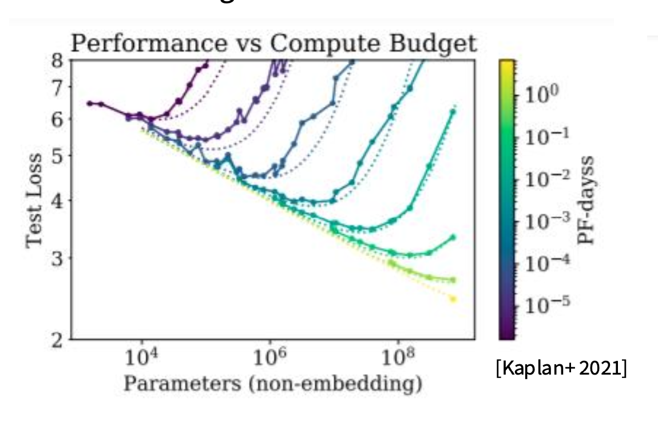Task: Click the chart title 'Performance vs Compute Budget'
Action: click(x=273, y=44)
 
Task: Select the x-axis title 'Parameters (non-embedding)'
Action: click(x=273, y=384)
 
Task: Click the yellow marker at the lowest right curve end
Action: click(x=453, y=299)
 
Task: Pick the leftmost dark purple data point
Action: click(x=89, y=103)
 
